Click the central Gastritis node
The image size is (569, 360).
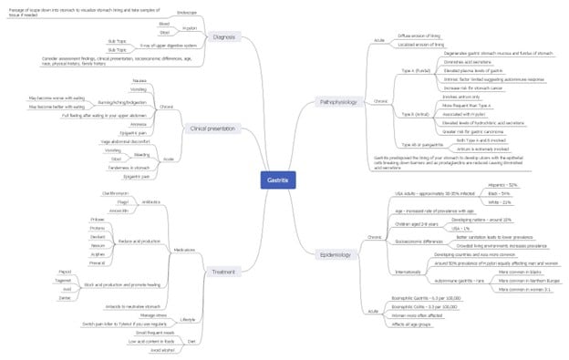277,180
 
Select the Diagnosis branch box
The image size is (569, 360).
222,36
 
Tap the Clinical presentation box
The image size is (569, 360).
212,129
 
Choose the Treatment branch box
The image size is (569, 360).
224,272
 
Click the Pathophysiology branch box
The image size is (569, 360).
337,102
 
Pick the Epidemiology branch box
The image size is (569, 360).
336,254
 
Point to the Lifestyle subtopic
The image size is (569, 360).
188,319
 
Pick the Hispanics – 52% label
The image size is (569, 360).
502,185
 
